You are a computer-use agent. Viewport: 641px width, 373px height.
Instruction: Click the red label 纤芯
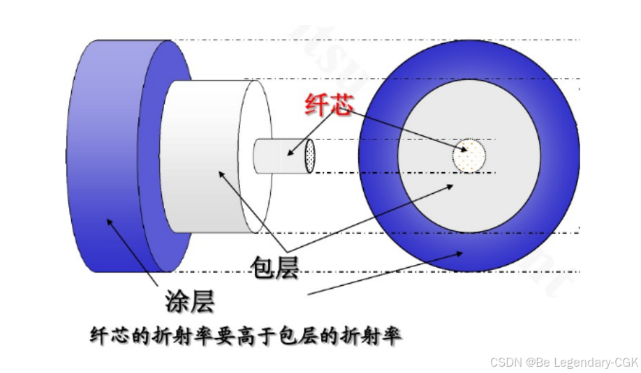328,105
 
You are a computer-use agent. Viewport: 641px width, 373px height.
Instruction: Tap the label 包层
274,267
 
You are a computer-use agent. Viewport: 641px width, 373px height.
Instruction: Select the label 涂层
189,301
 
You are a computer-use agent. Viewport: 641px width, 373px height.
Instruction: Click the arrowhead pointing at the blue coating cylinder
109,221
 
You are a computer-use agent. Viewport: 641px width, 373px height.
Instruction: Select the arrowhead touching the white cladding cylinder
222,172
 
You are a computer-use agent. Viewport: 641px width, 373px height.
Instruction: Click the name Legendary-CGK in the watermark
594,362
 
